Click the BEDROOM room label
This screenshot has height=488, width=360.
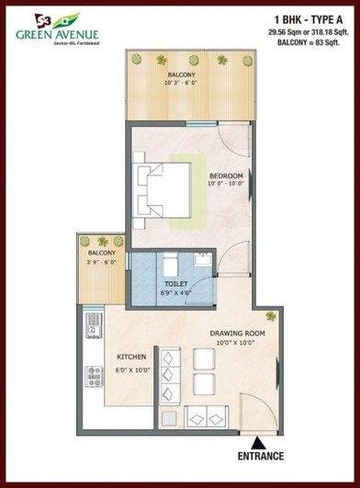pos(225,176)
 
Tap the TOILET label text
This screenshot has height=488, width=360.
pos(174,284)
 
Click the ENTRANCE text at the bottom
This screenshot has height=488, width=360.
pos(261,456)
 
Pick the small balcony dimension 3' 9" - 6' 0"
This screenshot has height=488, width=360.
pos(101,262)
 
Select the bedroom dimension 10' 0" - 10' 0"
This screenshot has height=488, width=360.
pos(225,185)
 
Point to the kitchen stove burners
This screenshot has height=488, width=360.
pos(93,374)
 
